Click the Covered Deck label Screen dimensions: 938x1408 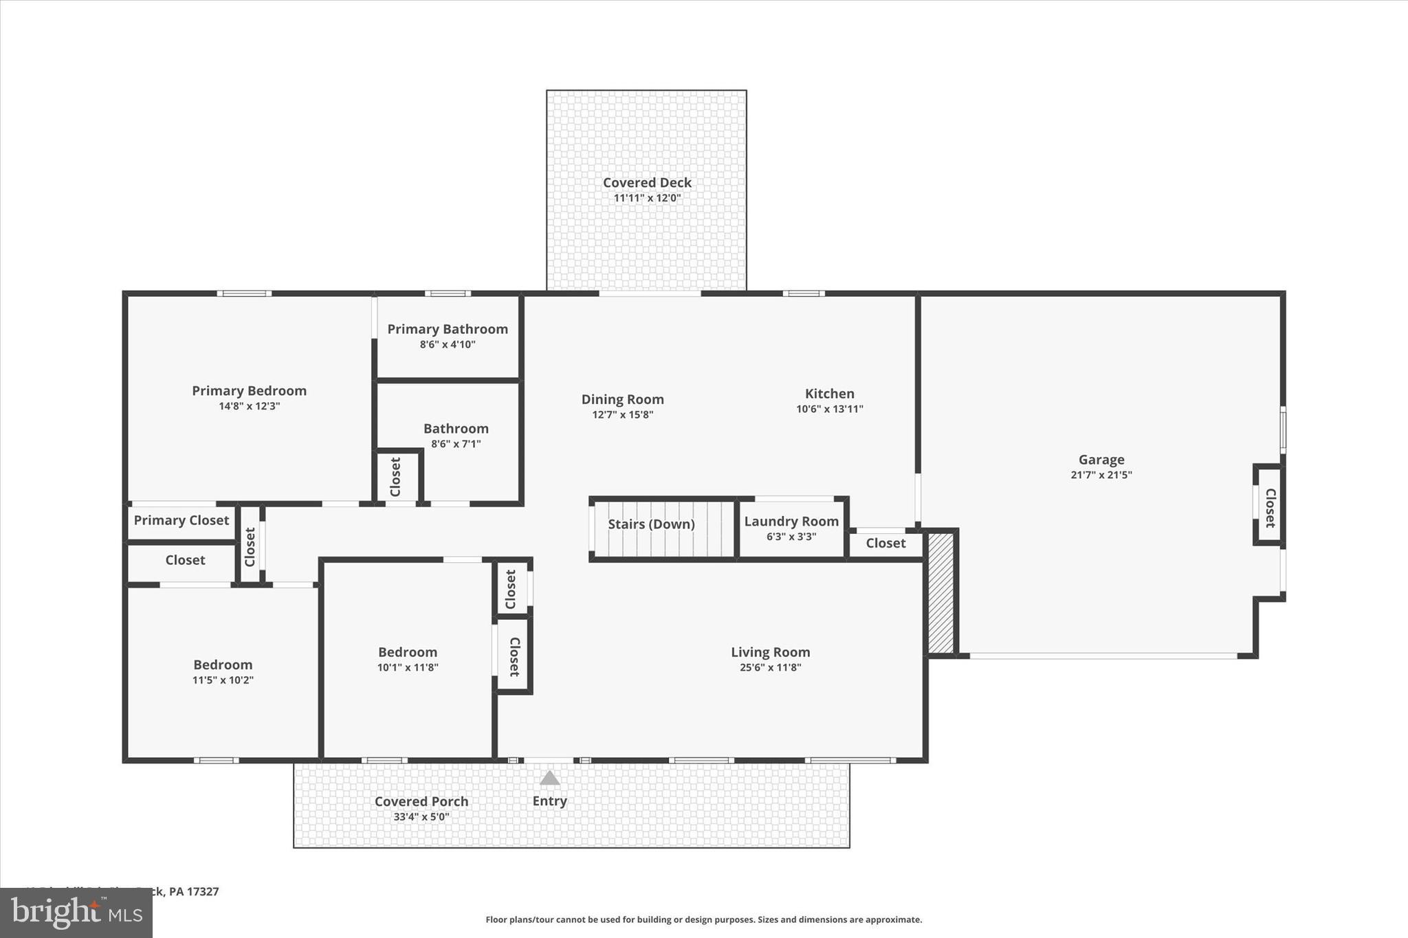pos(647,183)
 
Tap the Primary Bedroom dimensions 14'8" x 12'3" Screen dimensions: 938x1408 pos(249,406)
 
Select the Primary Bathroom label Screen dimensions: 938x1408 pos(448,329)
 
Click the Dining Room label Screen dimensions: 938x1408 pos(622,399)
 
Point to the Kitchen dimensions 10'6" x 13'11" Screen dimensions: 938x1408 pos(829,409)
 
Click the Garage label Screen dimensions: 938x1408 pos(1101,460)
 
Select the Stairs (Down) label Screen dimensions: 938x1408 pos(651,524)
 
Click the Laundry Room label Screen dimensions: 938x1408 pos(791,522)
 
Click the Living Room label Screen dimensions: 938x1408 pos(770,652)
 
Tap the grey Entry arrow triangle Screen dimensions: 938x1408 pos(549,778)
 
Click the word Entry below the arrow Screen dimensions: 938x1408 pos(549,801)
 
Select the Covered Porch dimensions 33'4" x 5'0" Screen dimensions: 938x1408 pos(421,817)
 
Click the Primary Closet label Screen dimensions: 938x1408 pos(181,520)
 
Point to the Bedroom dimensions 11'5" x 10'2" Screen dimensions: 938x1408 pos(223,680)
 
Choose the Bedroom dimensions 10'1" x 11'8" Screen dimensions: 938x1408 pos(408,667)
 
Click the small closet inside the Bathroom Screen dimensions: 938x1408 pos(396,476)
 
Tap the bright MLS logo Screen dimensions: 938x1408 pos(76,913)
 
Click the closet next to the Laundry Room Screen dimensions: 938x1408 pos(885,544)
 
